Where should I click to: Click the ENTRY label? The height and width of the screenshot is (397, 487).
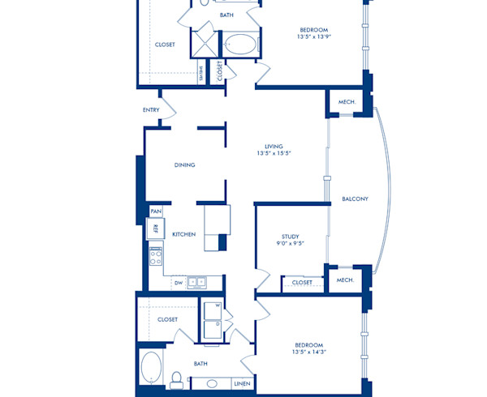(151, 110)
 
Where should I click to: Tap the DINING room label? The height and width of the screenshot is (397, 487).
(184, 165)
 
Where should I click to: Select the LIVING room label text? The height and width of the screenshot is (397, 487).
(274, 147)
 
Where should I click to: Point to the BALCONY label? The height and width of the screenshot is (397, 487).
(355, 198)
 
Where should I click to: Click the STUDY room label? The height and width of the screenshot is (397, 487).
(290, 237)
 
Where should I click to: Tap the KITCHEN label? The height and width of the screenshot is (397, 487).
(183, 234)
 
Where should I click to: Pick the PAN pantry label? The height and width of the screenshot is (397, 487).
(155, 211)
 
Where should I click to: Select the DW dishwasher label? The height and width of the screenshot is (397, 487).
(178, 283)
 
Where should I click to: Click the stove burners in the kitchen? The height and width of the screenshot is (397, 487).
(156, 258)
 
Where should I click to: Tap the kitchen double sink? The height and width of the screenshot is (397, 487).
(196, 282)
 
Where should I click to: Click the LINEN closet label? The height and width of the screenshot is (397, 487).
(241, 383)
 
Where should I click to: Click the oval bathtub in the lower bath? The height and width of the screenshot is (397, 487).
(151, 369)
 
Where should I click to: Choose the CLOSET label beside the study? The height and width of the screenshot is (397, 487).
(302, 283)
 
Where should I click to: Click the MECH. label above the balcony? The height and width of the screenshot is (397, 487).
(347, 102)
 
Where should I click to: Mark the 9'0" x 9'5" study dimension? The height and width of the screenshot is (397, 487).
(290, 244)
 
